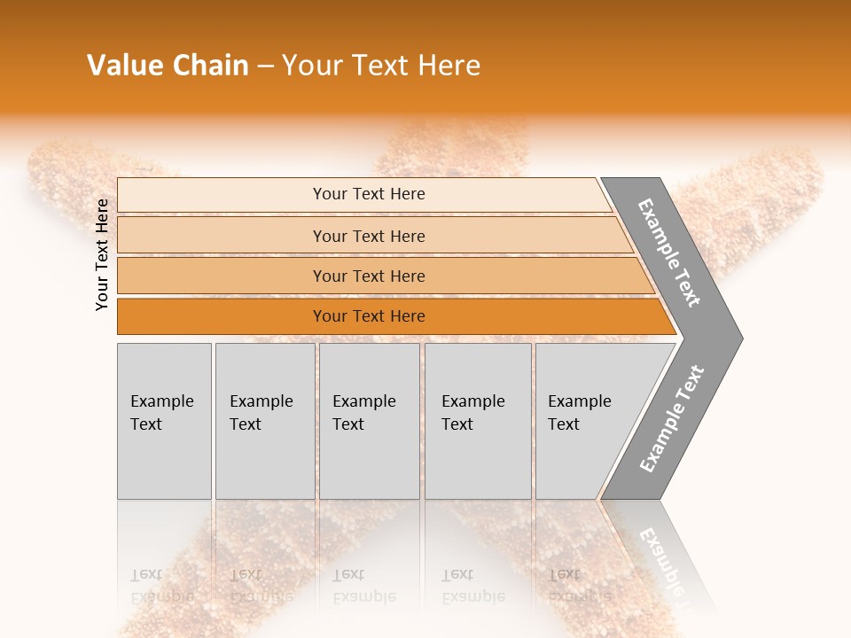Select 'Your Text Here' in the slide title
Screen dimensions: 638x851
pyautogui.click(x=381, y=66)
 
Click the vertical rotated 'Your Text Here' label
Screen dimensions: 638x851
pyautogui.click(x=102, y=254)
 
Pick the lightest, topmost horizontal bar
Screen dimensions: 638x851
pyautogui.click(x=369, y=194)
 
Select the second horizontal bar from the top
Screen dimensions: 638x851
pyautogui.click(x=369, y=236)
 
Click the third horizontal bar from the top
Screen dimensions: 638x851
pyautogui.click(x=369, y=276)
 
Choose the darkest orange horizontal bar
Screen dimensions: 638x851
pyautogui.click(x=369, y=316)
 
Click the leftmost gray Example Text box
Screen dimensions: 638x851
pyautogui.click(x=164, y=421)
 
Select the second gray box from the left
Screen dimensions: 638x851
pyautogui.click(x=264, y=421)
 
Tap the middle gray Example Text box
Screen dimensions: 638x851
pyautogui.click(x=369, y=421)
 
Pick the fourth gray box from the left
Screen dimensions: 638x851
pyautogui.click(x=478, y=421)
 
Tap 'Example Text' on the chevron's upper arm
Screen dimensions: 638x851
pyautogui.click(x=670, y=253)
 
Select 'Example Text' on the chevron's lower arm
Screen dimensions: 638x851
pyautogui.click(x=671, y=419)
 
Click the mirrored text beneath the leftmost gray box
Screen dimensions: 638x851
pyautogui.click(x=162, y=586)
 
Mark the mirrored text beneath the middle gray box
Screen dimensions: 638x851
pyautogui.click(x=364, y=586)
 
